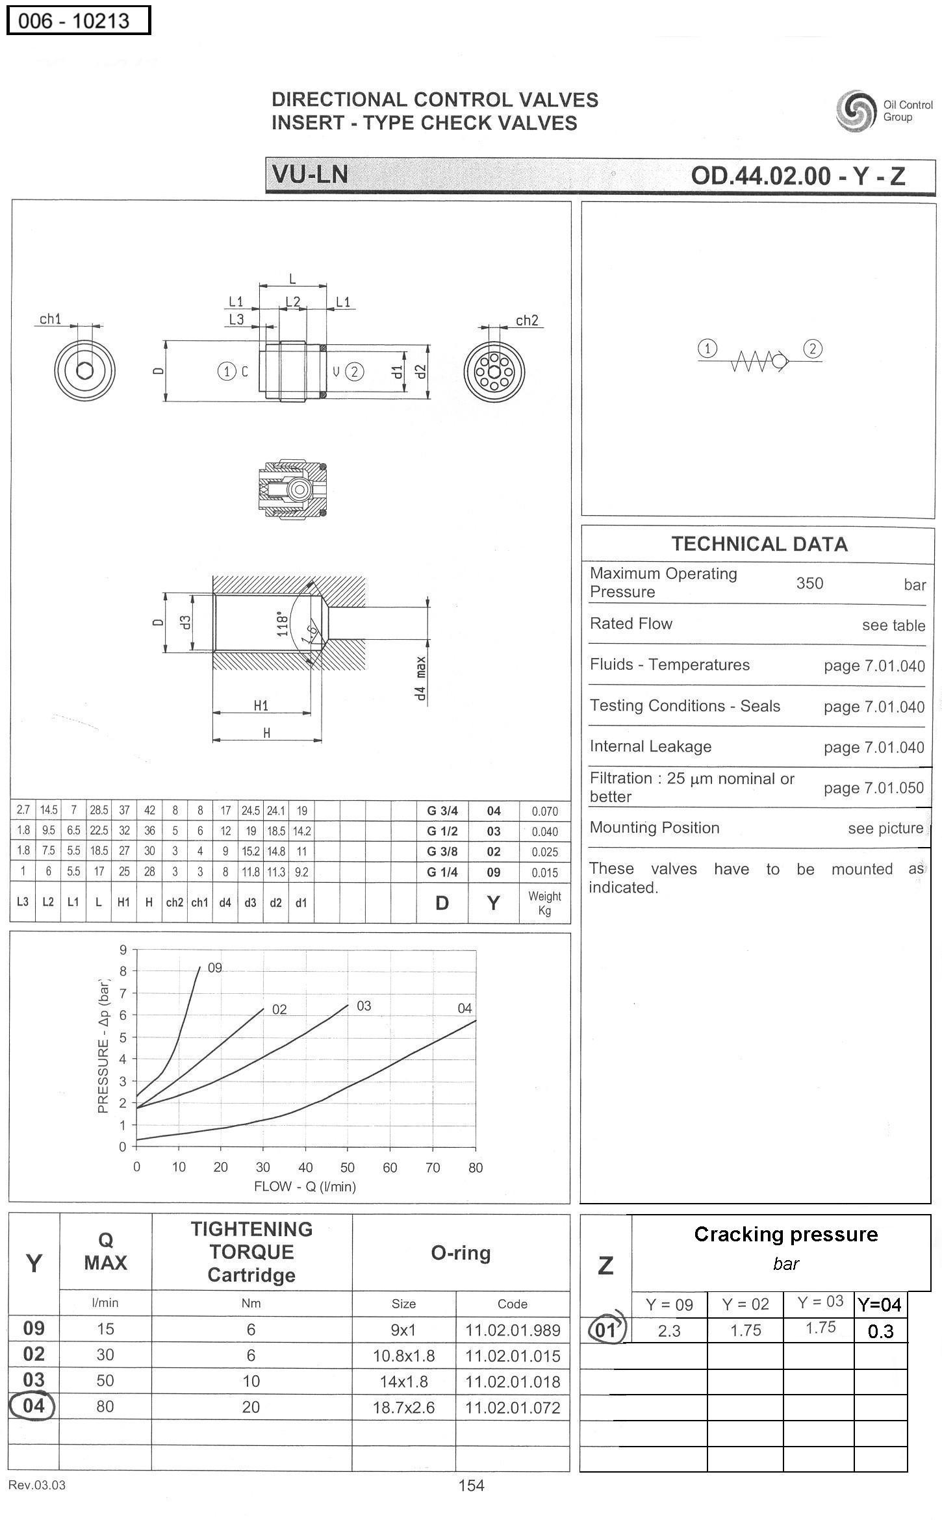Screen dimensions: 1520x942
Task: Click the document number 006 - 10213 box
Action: pos(78,20)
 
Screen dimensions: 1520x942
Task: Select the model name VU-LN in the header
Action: pos(310,174)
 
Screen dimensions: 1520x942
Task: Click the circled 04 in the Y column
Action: pos(32,1406)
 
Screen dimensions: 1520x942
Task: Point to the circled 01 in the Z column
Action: pos(605,1330)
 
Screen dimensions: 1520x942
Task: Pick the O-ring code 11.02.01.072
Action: pos(513,1407)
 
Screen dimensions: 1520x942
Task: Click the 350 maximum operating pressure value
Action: pos(809,583)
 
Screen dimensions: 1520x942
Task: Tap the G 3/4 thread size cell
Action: pos(442,811)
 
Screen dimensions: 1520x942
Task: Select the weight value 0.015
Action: pos(544,872)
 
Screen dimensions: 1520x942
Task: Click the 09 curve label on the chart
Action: pos(215,968)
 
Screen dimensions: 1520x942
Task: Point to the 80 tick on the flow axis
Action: pos(476,1167)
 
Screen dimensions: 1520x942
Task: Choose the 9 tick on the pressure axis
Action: pos(123,950)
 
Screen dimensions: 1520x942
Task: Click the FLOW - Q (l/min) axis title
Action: pos(305,1186)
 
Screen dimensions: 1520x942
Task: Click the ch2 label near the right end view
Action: pos(527,320)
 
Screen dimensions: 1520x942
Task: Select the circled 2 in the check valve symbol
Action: pos(813,349)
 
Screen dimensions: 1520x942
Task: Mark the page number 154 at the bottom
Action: pos(471,1485)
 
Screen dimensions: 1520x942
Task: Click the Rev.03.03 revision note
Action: pos(36,1485)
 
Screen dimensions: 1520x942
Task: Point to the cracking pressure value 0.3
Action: pos(880,1331)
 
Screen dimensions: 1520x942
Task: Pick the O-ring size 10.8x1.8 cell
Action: pos(403,1356)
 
